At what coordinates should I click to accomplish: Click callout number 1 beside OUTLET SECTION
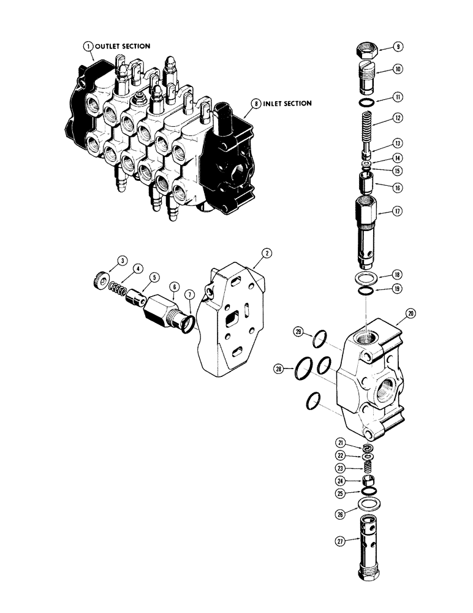89,46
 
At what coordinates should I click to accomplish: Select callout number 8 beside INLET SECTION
251,104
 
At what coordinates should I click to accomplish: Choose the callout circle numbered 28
280,369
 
